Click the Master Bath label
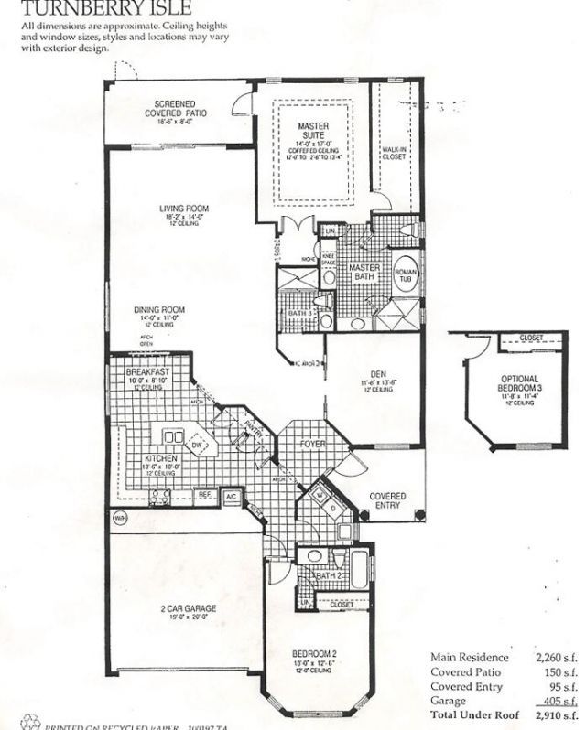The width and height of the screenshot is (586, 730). pos(364,271)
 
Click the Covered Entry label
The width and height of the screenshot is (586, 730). pos(386,501)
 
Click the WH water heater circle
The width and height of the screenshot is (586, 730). pos(119,518)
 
